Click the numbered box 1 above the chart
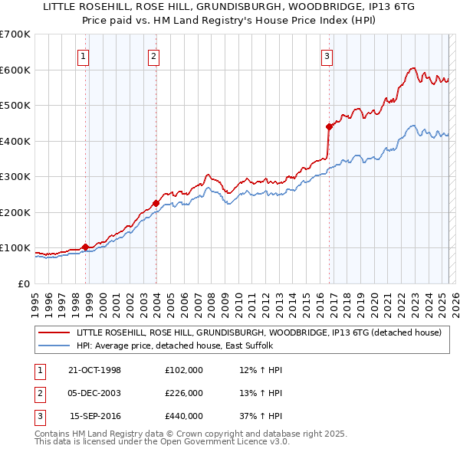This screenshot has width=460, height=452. (82, 55)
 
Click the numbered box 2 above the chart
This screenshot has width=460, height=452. (153, 55)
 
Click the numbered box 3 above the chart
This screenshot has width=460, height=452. (327, 55)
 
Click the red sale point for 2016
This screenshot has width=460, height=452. (329, 126)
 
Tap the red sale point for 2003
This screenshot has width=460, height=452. (156, 203)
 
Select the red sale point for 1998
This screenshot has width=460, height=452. (85, 247)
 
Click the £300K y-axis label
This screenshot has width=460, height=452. (16, 176)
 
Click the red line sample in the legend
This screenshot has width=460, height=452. (54, 332)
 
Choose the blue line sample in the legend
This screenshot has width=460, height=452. (54, 346)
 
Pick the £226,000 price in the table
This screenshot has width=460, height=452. (184, 393)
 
